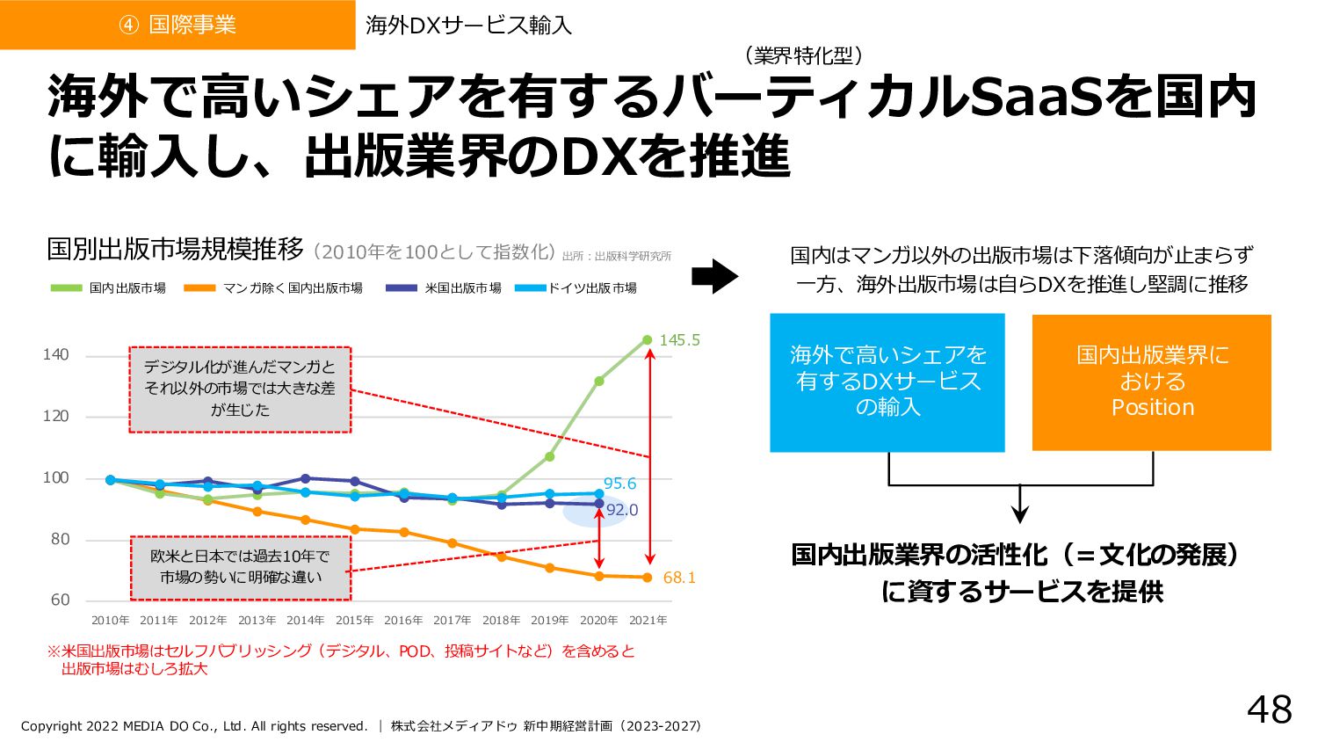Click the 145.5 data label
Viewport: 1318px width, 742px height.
point(679,340)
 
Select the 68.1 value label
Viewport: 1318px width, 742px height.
point(679,578)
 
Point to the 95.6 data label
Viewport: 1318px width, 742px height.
point(619,484)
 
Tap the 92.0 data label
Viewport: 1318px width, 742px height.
point(621,510)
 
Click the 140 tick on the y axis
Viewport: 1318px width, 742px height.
point(55,355)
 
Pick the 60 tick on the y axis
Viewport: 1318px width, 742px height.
point(60,600)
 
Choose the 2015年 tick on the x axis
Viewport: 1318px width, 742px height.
point(354,621)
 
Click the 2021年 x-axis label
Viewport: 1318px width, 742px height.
point(648,621)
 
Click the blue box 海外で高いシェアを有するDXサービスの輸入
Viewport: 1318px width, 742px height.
point(887,382)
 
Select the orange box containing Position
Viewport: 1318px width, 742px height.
point(1152,382)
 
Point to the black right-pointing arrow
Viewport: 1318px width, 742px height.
point(714,276)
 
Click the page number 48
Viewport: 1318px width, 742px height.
point(1270,709)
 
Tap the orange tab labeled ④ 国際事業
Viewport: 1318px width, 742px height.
point(177,25)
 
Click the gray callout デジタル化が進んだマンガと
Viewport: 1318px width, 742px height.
point(240,389)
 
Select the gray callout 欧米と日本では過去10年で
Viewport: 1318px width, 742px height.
point(240,567)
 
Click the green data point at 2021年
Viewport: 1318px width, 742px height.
point(648,340)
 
